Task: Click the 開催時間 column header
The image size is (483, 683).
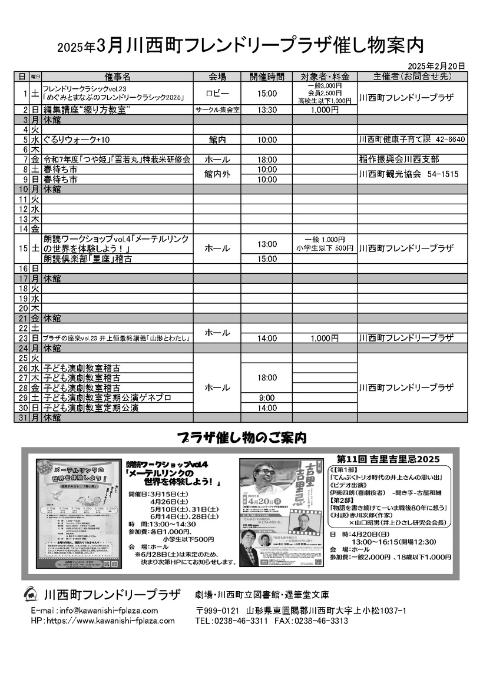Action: click(x=266, y=77)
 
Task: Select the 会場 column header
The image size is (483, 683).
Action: click(x=217, y=77)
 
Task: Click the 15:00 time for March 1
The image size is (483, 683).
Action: click(x=266, y=94)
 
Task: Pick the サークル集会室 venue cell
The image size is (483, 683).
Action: click(x=217, y=110)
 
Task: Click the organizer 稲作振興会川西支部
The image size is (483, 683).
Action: click(x=399, y=160)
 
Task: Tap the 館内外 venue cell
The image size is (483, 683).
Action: click(x=217, y=174)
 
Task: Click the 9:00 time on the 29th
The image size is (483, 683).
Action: click(x=266, y=397)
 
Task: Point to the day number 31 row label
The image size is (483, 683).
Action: click(x=24, y=417)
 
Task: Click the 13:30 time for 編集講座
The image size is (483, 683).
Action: click(x=266, y=110)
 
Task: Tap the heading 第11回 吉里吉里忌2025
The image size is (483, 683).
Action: click(x=389, y=459)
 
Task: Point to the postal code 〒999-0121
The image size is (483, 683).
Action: click(x=217, y=611)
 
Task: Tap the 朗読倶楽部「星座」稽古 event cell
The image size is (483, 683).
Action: click(x=88, y=258)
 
